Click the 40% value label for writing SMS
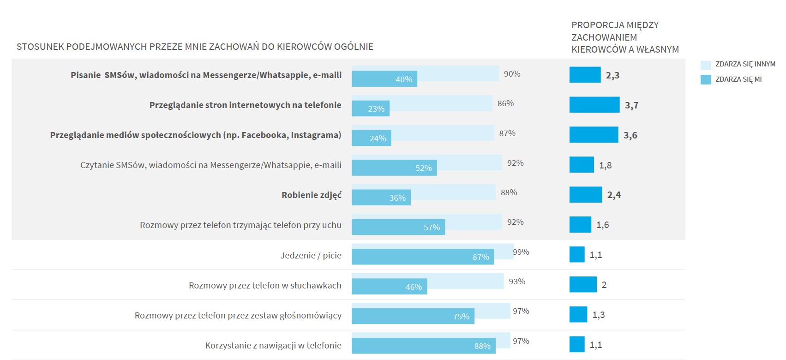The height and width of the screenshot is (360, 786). tap(404, 79)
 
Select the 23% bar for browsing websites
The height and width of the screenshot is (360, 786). tap(370, 108)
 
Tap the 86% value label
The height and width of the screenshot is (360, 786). tap(505, 103)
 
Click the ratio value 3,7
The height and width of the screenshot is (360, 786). tap(631, 105)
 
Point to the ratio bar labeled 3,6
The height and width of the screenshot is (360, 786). tap(594, 135)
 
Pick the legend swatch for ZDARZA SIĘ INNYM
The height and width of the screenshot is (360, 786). tap(706, 65)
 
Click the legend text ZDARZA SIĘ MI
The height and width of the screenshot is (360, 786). tap(738, 79)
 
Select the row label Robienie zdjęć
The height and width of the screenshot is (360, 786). tap(312, 195)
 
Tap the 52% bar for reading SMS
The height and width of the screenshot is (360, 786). tap(394, 168)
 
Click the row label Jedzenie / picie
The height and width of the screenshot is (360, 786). tap(311, 255)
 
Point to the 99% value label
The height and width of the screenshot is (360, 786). tap(521, 252)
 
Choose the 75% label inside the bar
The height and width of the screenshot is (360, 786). tap(461, 317)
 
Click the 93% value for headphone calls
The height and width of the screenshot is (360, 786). tap(517, 282)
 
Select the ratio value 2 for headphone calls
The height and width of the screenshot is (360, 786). tap(604, 285)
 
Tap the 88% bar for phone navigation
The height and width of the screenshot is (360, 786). tap(423, 346)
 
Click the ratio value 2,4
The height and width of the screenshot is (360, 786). tap(614, 195)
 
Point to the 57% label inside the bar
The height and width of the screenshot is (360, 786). tap(432, 228)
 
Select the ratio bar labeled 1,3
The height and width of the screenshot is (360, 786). tap(578, 315)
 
